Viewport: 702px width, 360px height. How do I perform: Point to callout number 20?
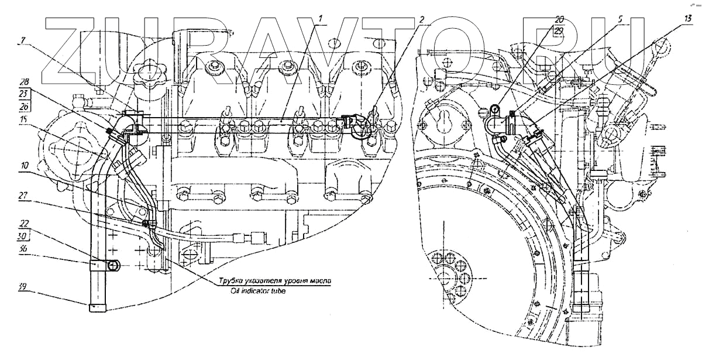click(560, 19)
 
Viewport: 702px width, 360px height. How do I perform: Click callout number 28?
click(23, 81)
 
